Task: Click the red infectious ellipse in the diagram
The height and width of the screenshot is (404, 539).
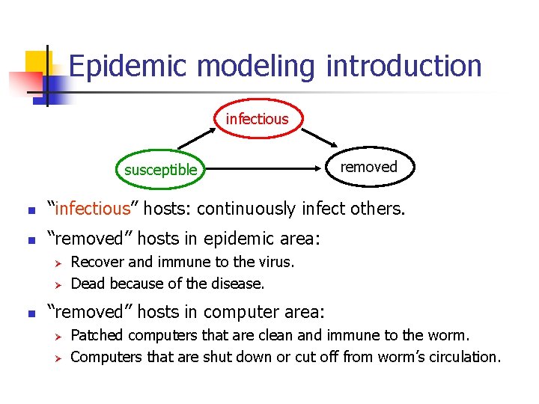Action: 257,119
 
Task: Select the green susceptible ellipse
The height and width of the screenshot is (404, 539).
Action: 160,169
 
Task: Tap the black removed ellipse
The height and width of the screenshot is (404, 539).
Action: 368,167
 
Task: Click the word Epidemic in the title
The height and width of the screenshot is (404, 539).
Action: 127,67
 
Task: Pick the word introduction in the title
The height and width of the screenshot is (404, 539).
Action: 404,67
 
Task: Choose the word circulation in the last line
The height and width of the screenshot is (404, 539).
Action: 462,357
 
